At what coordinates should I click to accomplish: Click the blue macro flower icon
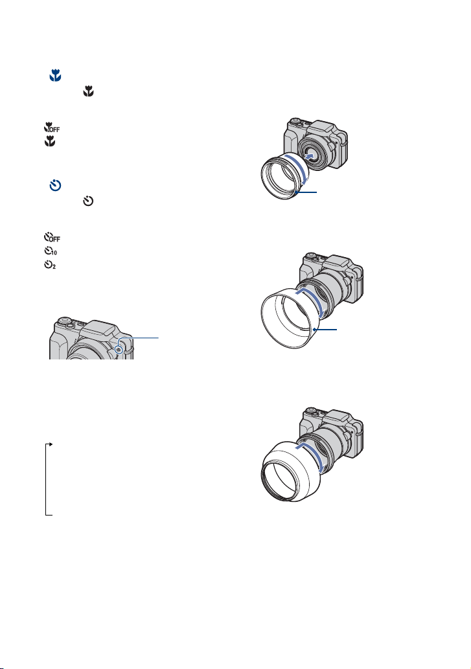point(55,76)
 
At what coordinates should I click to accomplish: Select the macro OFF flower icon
point(52,127)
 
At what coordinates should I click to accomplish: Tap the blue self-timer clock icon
point(56,186)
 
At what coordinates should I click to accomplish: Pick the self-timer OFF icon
point(52,237)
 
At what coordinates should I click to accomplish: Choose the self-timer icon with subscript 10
point(51,251)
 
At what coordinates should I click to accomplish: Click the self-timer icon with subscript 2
point(50,265)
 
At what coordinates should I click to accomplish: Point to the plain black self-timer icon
point(88,201)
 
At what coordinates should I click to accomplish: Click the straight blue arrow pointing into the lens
point(312,154)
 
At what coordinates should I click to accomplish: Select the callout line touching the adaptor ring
point(306,192)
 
